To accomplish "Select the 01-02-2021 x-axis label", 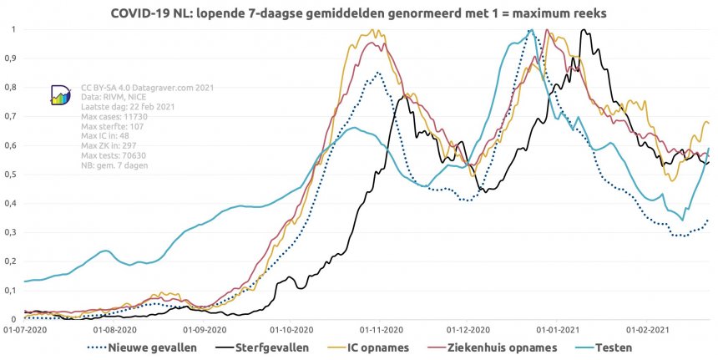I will click(x=654, y=330).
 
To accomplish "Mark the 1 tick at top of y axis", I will click(x=13, y=29).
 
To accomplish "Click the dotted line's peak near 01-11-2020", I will click(x=378, y=73).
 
